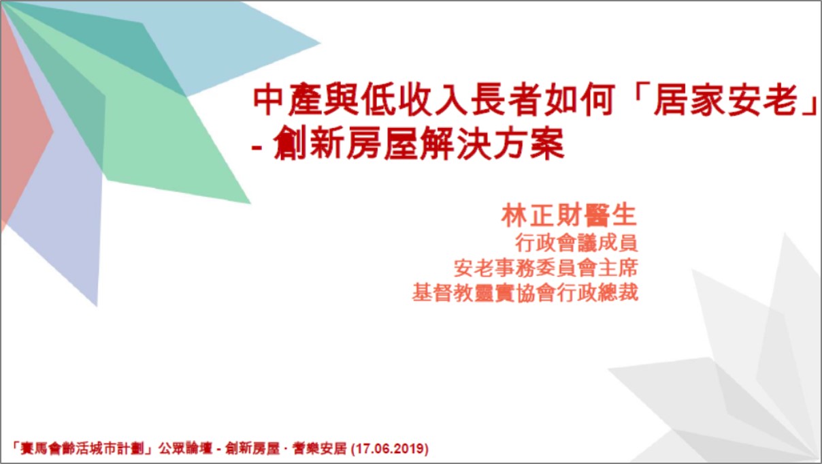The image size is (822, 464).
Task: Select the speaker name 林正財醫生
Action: pos(568,215)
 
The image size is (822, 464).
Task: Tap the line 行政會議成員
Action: pos(576,243)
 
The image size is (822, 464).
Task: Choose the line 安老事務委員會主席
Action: pos(546,268)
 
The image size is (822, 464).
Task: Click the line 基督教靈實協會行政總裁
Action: pos(525,293)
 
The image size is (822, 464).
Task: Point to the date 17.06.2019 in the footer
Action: pos(390,448)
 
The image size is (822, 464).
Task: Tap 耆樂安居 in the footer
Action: pos(320,449)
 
